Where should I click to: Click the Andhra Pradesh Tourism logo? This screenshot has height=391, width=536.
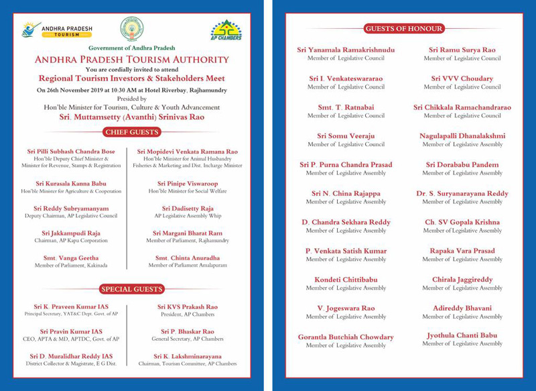(57, 30)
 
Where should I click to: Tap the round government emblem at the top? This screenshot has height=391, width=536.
(131, 29)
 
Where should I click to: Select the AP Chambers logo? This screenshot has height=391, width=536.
(226, 30)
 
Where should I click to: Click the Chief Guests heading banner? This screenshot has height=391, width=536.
(131, 132)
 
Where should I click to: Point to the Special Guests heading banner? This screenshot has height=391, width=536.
(131, 289)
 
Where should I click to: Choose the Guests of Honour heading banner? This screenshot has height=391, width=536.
(403, 28)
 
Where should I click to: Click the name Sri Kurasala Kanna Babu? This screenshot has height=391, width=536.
(70, 183)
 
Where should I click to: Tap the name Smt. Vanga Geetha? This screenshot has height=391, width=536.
(70, 258)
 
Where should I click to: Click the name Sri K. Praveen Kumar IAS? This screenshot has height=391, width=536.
(70, 306)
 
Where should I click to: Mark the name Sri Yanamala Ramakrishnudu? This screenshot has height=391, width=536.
(346, 50)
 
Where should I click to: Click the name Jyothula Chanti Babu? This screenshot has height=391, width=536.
(462, 336)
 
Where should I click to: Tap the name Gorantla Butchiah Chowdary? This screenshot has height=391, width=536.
(346, 337)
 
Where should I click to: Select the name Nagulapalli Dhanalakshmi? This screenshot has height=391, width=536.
(462, 136)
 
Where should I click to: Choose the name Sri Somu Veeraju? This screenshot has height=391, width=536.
(346, 136)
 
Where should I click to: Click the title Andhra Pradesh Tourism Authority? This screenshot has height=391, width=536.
(131, 60)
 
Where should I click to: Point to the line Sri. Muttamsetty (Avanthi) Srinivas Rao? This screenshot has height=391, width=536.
(131, 117)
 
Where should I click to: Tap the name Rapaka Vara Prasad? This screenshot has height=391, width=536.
(462, 251)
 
